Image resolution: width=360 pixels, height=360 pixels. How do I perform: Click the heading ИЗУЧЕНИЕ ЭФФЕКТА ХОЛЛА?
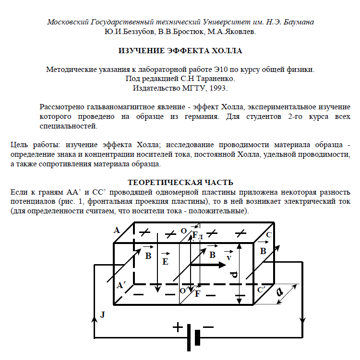click(180, 50)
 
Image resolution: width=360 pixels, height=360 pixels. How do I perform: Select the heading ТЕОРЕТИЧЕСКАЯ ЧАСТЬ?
click(180, 182)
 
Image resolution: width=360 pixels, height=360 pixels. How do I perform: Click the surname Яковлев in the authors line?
click(240, 32)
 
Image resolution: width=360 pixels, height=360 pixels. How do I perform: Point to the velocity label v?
click(229, 258)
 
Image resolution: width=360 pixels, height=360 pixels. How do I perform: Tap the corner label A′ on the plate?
click(121, 285)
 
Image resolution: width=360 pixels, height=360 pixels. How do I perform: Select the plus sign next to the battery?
click(178, 327)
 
